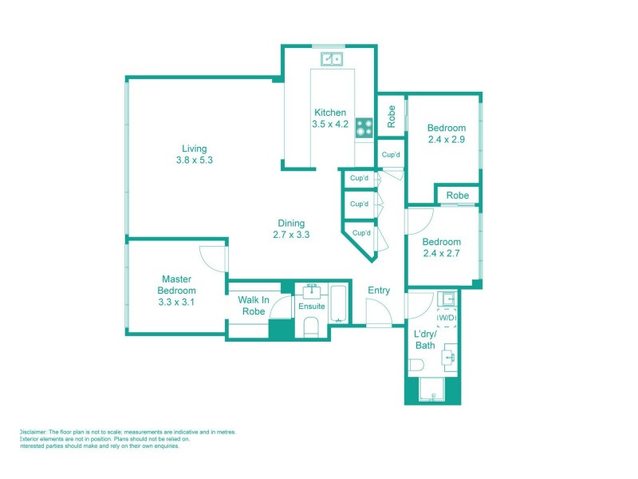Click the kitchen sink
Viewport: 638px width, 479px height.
click(332, 58)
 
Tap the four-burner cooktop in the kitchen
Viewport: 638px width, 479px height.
click(364, 126)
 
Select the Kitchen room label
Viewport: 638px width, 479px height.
click(330, 113)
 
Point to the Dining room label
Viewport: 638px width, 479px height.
click(291, 224)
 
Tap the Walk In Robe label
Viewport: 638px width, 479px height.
click(253, 306)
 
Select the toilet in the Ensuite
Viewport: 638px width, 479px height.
click(311, 327)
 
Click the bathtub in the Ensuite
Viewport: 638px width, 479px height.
click(339, 303)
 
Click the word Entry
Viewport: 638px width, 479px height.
click(379, 291)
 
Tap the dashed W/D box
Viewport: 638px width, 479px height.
click(447, 319)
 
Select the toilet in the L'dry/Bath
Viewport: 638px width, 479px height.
click(415, 366)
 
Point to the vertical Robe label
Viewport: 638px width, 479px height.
click(392, 117)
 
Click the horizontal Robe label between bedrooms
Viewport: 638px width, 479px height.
click(457, 196)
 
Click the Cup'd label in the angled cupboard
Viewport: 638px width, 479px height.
click(360, 233)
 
